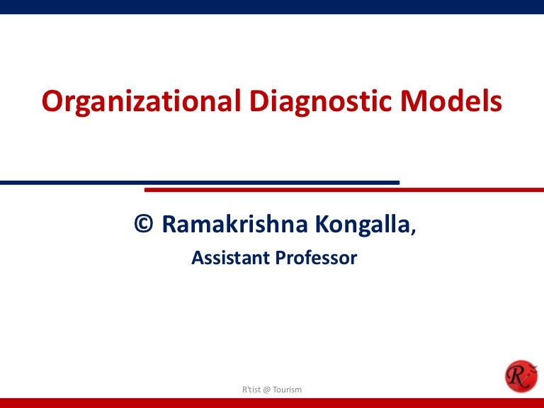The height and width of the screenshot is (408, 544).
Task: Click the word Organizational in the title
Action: click(141, 102)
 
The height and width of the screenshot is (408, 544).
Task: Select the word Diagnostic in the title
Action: click(321, 102)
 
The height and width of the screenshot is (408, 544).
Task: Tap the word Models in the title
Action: click(451, 101)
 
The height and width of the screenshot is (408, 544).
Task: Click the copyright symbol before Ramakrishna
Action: click(144, 223)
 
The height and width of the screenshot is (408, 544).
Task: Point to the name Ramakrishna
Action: click(235, 223)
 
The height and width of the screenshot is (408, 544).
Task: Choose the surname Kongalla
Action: click(363, 225)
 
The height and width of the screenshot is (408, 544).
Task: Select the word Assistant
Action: click(231, 257)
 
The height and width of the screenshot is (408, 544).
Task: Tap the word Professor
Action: click(316, 257)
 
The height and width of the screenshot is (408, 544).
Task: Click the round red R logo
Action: click(521, 376)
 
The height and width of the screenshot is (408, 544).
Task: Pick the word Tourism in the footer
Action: click(287, 390)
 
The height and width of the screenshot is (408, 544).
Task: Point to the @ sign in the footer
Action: click(266, 390)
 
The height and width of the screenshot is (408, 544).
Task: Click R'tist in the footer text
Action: click(251, 390)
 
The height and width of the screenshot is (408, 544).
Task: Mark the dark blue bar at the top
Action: click(272, 7)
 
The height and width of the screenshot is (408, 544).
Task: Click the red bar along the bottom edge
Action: click(272, 403)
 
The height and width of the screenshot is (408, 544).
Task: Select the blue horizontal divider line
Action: click(200, 183)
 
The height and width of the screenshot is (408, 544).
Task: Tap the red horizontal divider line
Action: click(344, 190)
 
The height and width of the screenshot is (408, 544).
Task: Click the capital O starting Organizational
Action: click(52, 101)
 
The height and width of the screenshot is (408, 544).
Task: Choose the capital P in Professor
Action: click(280, 257)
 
